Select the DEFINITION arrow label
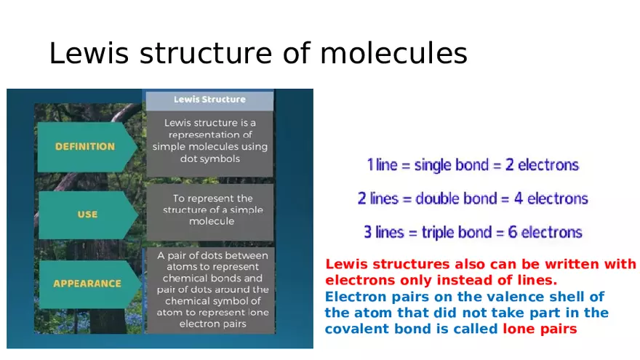[85, 146]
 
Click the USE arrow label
[87, 215]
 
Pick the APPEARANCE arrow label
[87, 284]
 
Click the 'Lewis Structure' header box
[209, 100]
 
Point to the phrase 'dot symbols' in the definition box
[209, 159]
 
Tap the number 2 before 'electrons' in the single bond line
[510, 165]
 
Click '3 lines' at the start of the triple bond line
[383, 233]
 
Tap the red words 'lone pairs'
[540, 329]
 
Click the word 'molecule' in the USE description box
[212, 221]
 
